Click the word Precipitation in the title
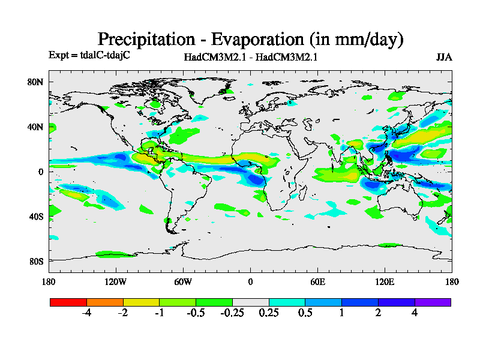click(x=145, y=40)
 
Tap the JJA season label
click(x=444, y=57)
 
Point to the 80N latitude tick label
click(x=37, y=82)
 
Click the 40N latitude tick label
click(x=37, y=127)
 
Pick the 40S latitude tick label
click(x=37, y=216)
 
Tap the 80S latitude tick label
click(x=37, y=261)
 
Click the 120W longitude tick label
click(x=116, y=281)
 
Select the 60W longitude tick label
click(x=183, y=281)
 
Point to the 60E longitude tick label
click(x=317, y=281)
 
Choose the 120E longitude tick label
click(x=385, y=281)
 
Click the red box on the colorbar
click(x=68, y=302)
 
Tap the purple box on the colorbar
click(x=433, y=302)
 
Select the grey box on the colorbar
click(x=250, y=302)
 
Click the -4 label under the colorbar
click(x=86, y=313)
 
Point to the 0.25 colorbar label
click(x=269, y=313)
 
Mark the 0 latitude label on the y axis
click(x=41, y=172)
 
